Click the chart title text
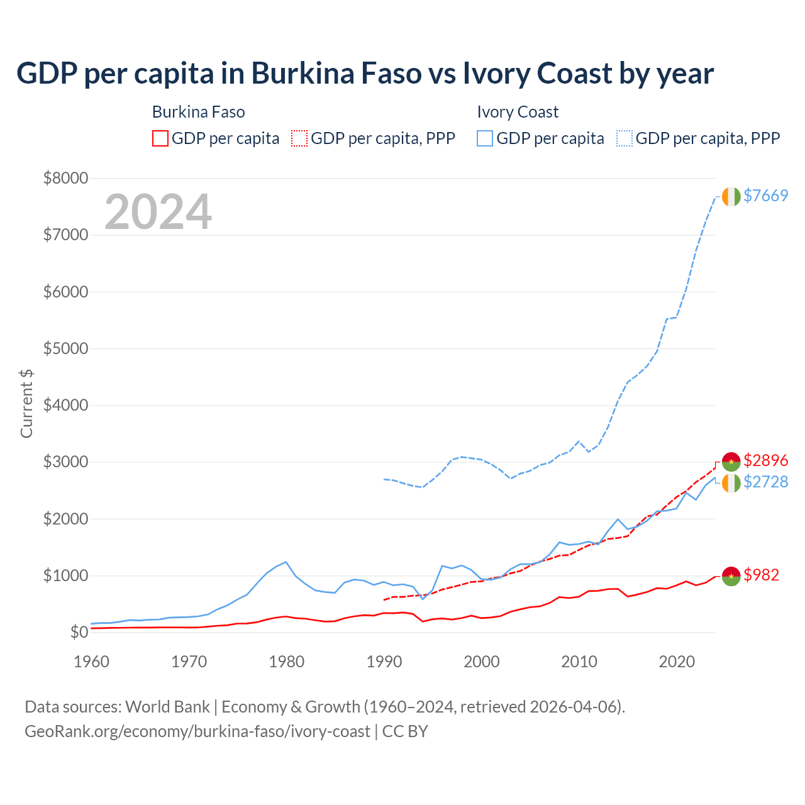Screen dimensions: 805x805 pyautogui.click(x=365, y=74)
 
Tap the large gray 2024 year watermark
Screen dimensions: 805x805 pyautogui.click(x=158, y=212)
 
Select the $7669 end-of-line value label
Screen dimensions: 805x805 pyautogui.click(x=765, y=196)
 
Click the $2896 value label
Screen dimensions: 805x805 pyautogui.click(x=765, y=460)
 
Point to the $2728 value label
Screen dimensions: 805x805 pyautogui.click(x=765, y=482)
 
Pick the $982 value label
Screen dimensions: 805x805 pyautogui.click(x=761, y=575)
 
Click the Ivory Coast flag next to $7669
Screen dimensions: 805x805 pyautogui.click(x=731, y=196)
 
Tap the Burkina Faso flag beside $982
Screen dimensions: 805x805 pyautogui.click(x=731, y=576)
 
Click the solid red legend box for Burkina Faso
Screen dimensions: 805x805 pyautogui.click(x=160, y=138)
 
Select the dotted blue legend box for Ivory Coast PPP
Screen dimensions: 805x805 pyautogui.click(x=625, y=138)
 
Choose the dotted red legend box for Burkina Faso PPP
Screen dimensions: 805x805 pyautogui.click(x=300, y=138)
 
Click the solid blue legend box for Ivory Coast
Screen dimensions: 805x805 pyautogui.click(x=485, y=138)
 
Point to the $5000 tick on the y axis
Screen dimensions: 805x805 pyautogui.click(x=65, y=348)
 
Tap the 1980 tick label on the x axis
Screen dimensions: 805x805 pyautogui.click(x=287, y=662)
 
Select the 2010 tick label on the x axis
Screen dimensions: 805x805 pyautogui.click(x=579, y=662)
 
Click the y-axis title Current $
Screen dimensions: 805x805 pyautogui.click(x=26, y=404)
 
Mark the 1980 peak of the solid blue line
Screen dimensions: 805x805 pyautogui.click(x=286, y=562)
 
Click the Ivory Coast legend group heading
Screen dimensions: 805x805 pyautogui.click(x=518, y=112)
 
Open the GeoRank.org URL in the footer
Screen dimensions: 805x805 pyautogui.click(x=197, y=731)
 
